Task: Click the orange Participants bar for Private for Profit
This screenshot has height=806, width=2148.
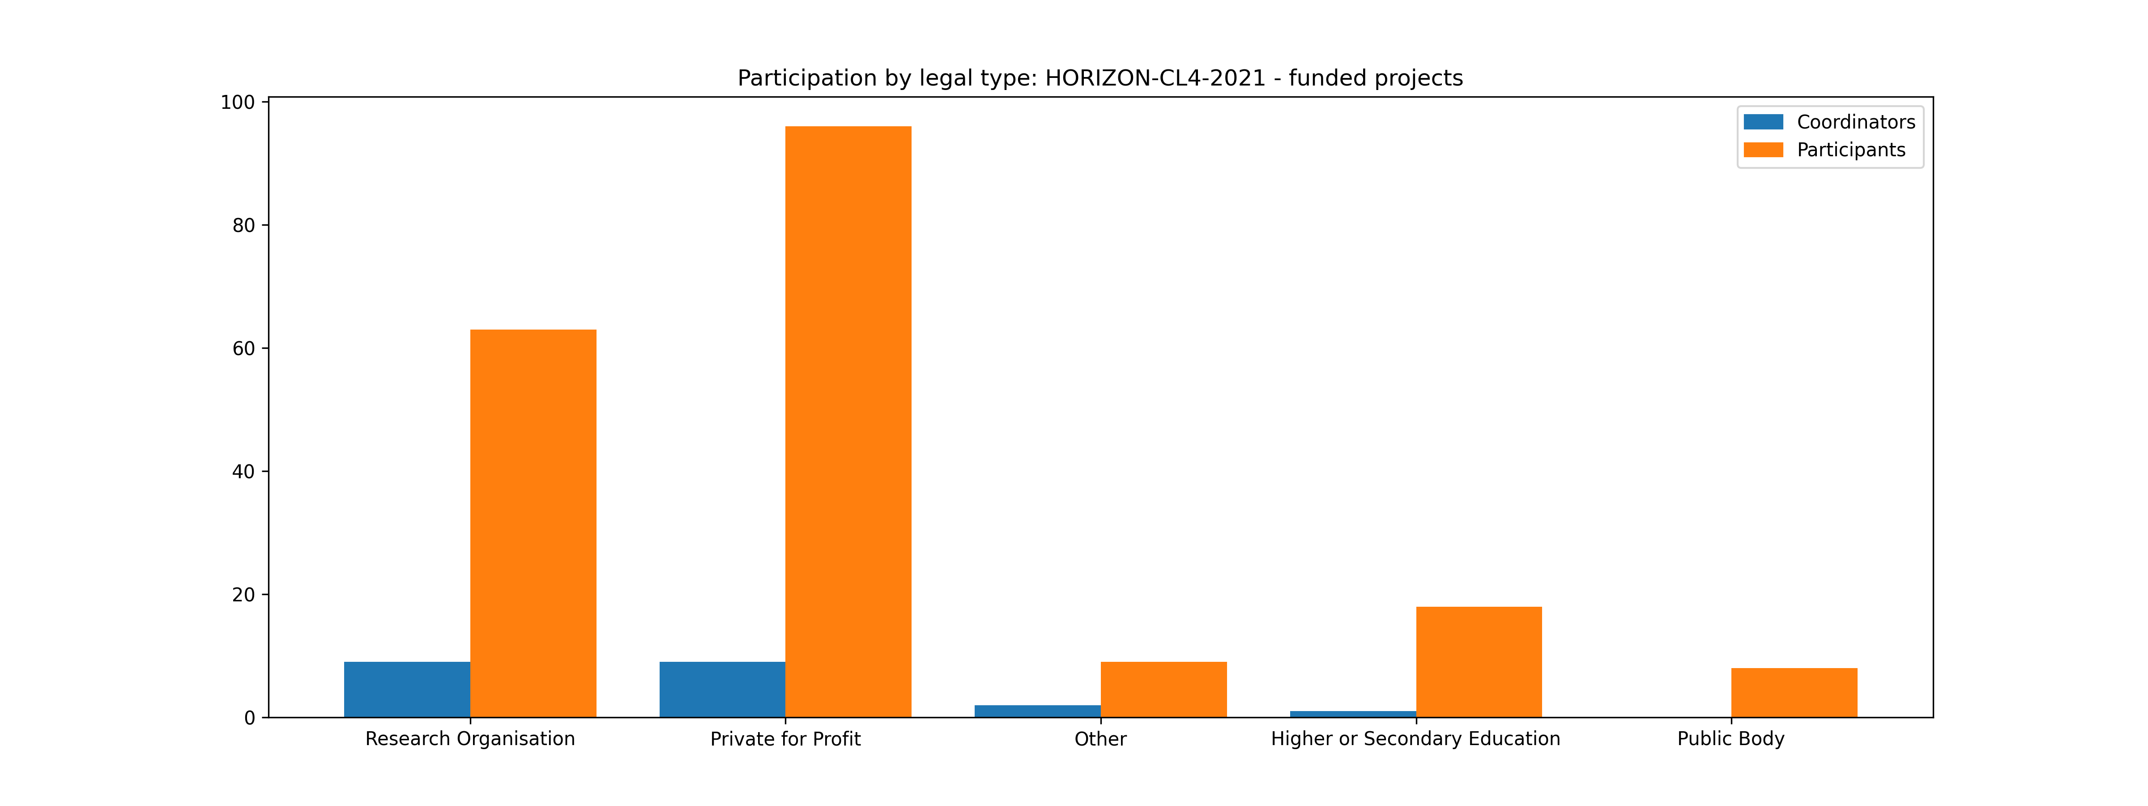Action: tap(848, 421)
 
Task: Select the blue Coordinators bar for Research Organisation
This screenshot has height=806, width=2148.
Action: tap(407, 689)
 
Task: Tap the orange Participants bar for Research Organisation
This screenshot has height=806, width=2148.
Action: tap(533, 523)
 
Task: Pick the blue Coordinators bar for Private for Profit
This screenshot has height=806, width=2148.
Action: tap(722, 689)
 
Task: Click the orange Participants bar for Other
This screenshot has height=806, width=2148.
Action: tap(1163, 689)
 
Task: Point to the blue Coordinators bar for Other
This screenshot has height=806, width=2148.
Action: tap(1037, 711)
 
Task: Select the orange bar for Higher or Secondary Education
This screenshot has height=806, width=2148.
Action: tap(1479, 662)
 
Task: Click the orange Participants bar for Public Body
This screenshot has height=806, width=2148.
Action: tap(1794, 693)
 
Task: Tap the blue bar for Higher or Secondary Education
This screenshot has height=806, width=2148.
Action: tap(1352, 714)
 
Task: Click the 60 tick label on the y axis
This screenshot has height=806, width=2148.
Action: tap(243, 349)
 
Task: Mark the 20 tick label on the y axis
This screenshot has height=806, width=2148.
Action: tap(243, 595)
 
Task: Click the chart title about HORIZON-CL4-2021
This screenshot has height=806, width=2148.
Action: tap(1100, 78)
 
